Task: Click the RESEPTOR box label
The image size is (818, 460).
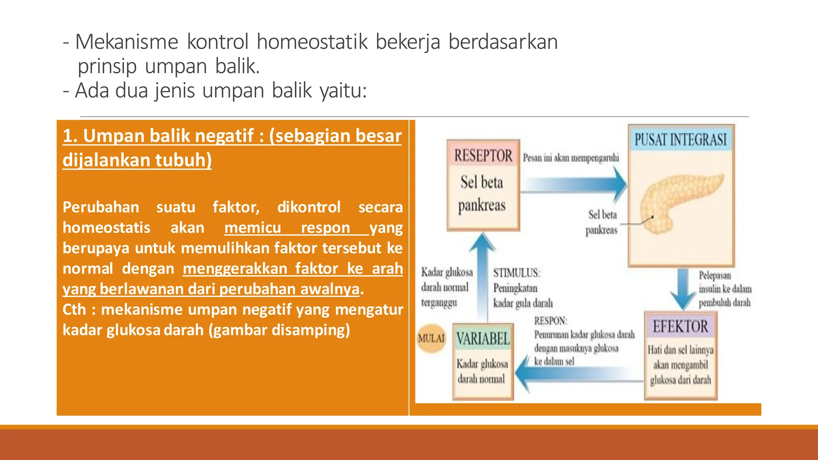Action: (483, 155)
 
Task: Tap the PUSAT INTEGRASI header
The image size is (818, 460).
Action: (681, 139)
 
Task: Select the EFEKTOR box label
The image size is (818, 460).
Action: (680, 326)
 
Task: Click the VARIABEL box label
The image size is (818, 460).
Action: (483, 339)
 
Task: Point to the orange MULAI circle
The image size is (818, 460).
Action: (431, 338)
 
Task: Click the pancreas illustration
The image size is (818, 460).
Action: (679, 204)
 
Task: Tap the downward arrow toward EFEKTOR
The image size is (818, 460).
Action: (683, 289)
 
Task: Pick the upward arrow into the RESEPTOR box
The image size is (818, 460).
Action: (482, 276)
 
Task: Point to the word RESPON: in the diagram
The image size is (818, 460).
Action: (550, 321)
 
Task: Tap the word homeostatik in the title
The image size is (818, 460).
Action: (312, 42)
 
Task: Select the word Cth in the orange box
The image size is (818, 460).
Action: (74, 309)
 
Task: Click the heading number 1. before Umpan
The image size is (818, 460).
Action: (70, 136)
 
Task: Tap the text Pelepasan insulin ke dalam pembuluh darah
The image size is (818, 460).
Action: (725, 289)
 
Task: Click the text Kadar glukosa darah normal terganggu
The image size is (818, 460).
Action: (447, 287)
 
